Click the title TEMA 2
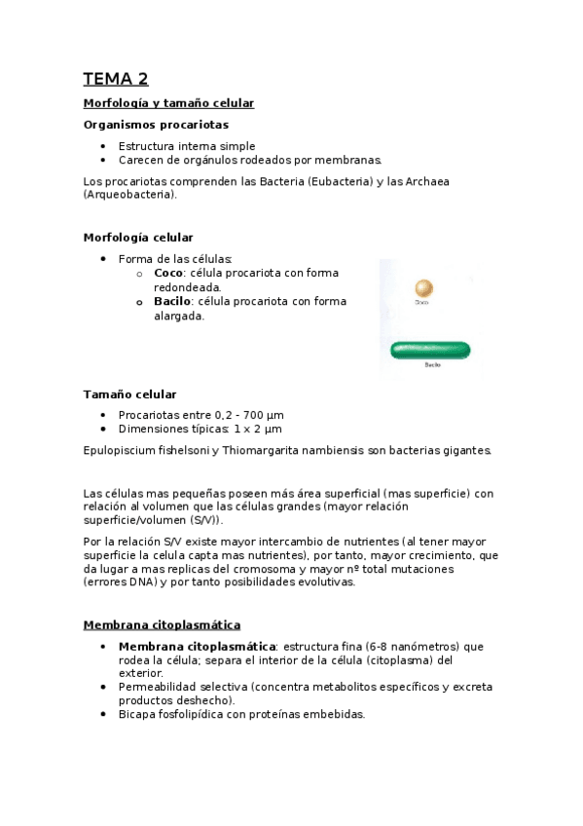click(x=115, y=80)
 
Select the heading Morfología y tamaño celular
click(x=168, y=103)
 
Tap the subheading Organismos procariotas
click(x=156, y=125)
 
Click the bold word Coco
click(x=168, y=273)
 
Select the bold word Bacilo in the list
click(x=171, y=302)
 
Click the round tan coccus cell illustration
click(x=422, y=288)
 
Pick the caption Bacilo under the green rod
click(x=432, y=365)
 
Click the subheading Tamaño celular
click(x=129, y=394)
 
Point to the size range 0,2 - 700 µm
click(x=242, y=415)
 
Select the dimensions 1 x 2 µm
click(x=257, y=429)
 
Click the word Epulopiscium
click(x=121, y=450)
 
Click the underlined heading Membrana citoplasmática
click(x=162, y=624)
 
